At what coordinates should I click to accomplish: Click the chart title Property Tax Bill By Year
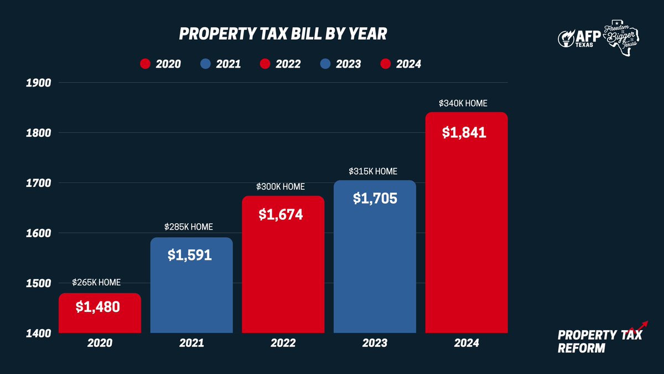click(283, 34)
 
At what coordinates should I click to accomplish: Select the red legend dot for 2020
click(145, 64)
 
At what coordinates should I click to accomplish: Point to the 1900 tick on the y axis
click(38, 83)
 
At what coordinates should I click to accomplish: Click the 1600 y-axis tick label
click(38, 233)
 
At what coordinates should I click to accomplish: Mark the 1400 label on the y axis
click(38, 334)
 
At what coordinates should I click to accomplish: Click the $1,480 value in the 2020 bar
click(100, 306)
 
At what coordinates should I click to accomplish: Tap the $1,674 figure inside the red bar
click(281, 214)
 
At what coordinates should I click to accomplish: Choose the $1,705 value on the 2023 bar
click(375, 197)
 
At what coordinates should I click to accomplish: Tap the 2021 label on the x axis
click(191, 344)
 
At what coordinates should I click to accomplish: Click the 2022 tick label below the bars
click(282, 344)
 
